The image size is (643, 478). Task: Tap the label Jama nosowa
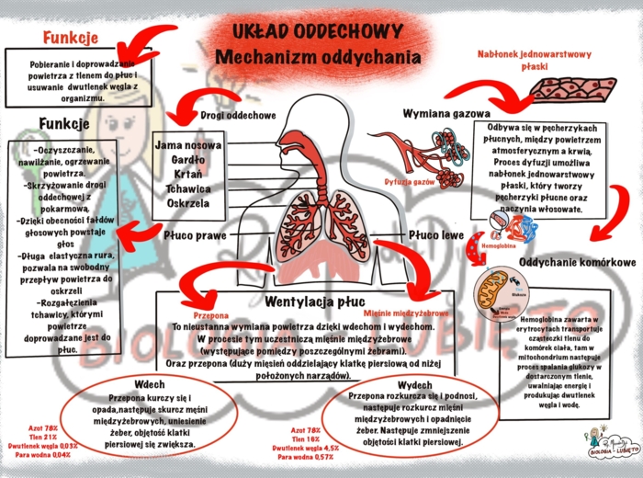[187, 144]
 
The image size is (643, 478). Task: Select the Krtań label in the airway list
[187, 174]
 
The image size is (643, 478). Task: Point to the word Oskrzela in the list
[187, 202]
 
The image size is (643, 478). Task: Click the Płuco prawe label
[195, 236]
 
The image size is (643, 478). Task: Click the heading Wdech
[149, 383]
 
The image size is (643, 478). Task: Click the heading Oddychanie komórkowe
[579, 263]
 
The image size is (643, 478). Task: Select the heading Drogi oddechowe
[238, 116]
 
